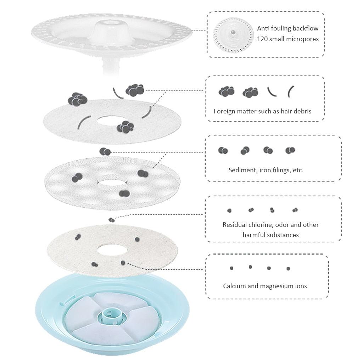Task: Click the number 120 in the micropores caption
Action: [262, 39]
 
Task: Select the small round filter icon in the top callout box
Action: [233, 35]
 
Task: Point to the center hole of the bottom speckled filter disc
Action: [112, 251]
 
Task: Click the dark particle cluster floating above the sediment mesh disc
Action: [105, 152]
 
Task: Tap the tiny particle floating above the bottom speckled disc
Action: [112, 220]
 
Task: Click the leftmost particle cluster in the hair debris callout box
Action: [227, 91]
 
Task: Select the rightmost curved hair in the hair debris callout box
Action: [291, 91]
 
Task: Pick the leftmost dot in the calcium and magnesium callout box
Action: [231, 268]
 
